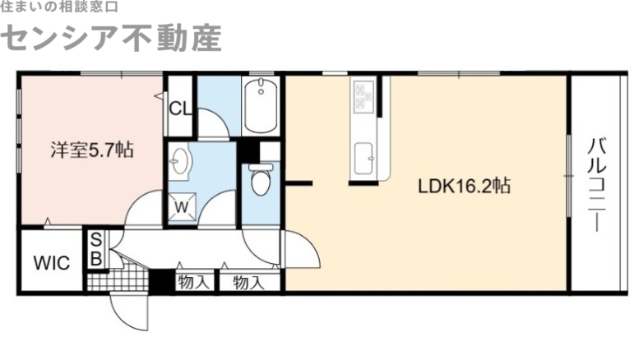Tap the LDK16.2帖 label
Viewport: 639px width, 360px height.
(x=465, y=186)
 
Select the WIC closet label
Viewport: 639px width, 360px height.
(x=51, y=263)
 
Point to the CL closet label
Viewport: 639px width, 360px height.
(x=179, y=107)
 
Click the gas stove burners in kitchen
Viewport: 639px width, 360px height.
(x=363, y=99)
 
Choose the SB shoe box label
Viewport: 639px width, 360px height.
(x=96, y=250)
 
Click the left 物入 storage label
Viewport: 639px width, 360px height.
(x=192, y=283)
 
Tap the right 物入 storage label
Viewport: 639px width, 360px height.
(x=248, y=283)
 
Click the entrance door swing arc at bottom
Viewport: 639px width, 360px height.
(x=132, y=316)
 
